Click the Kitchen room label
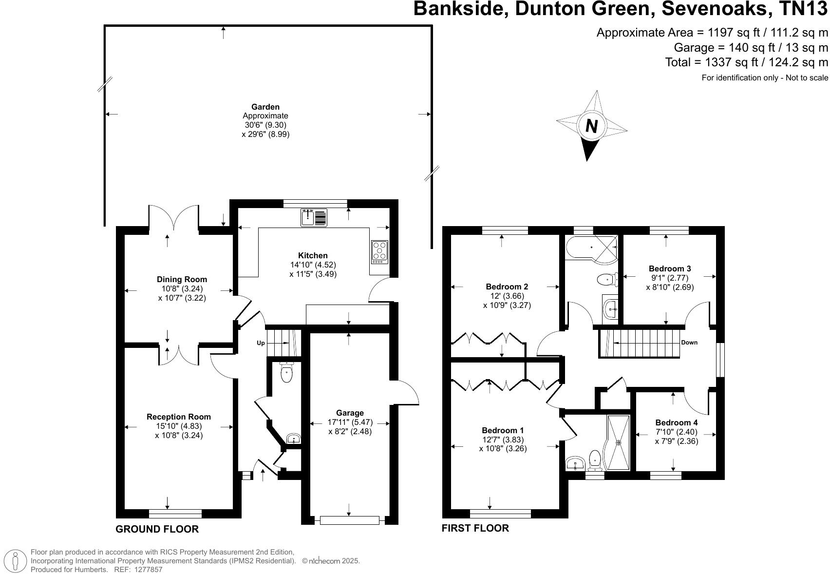313,255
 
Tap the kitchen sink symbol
314,217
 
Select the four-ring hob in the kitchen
380,251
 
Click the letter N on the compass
591,126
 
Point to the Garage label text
349,413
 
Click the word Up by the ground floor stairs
261,343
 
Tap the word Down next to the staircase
689,343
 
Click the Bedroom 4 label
676,422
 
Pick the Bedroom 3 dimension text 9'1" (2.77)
670,278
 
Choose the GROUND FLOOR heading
157,529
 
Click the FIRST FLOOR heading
475,528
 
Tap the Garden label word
265,107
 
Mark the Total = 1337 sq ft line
746,62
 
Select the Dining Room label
182,279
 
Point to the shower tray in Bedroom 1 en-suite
618,442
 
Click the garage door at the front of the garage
349,520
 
